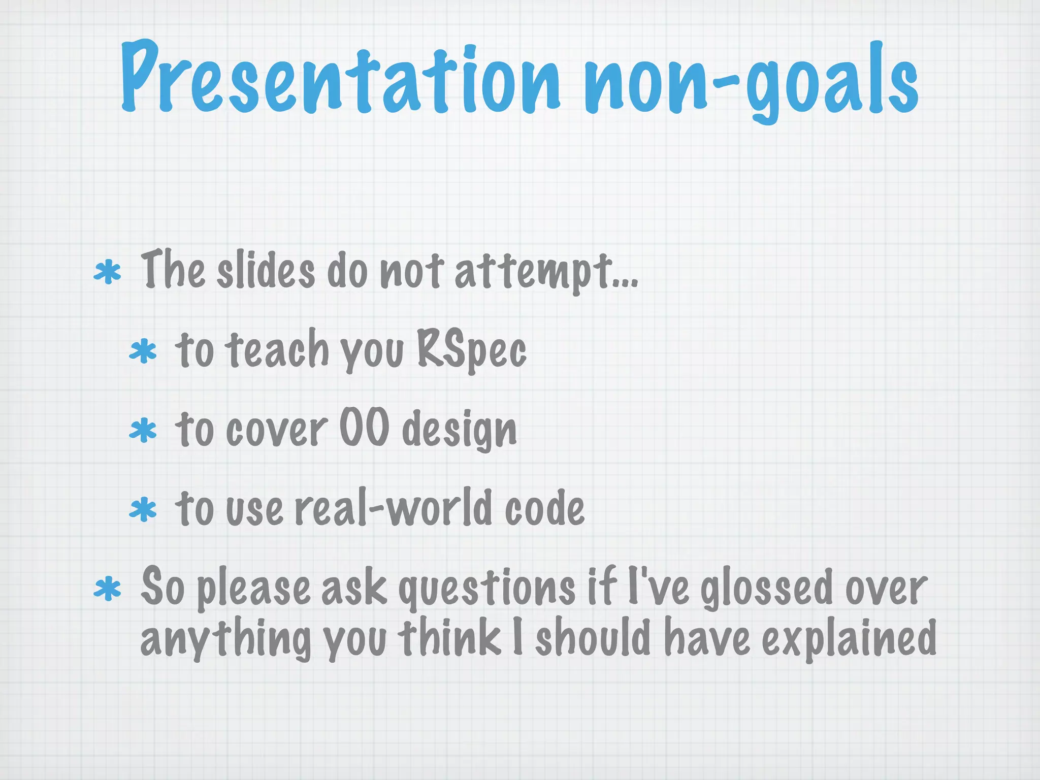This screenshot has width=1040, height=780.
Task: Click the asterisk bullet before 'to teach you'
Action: pyautogui.click(x=143, y=352)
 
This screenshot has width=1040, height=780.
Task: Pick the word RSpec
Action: pyautogui.click(x=471, y=349)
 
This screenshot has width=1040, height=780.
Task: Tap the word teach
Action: pyautogui.click(x=277, y=349)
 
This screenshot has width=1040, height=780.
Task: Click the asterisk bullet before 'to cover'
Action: pyautogui.click(x=143, y=431)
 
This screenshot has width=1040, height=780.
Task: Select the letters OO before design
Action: pyautogui.click(x=364, y=428)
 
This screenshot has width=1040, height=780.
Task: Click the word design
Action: pyautogui.click(x=460, y=431)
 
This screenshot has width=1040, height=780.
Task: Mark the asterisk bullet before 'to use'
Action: pyautogui.click(x=143, y=510)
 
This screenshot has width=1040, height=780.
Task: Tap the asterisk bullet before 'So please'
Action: pyautogui.click(x=108, y=589)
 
